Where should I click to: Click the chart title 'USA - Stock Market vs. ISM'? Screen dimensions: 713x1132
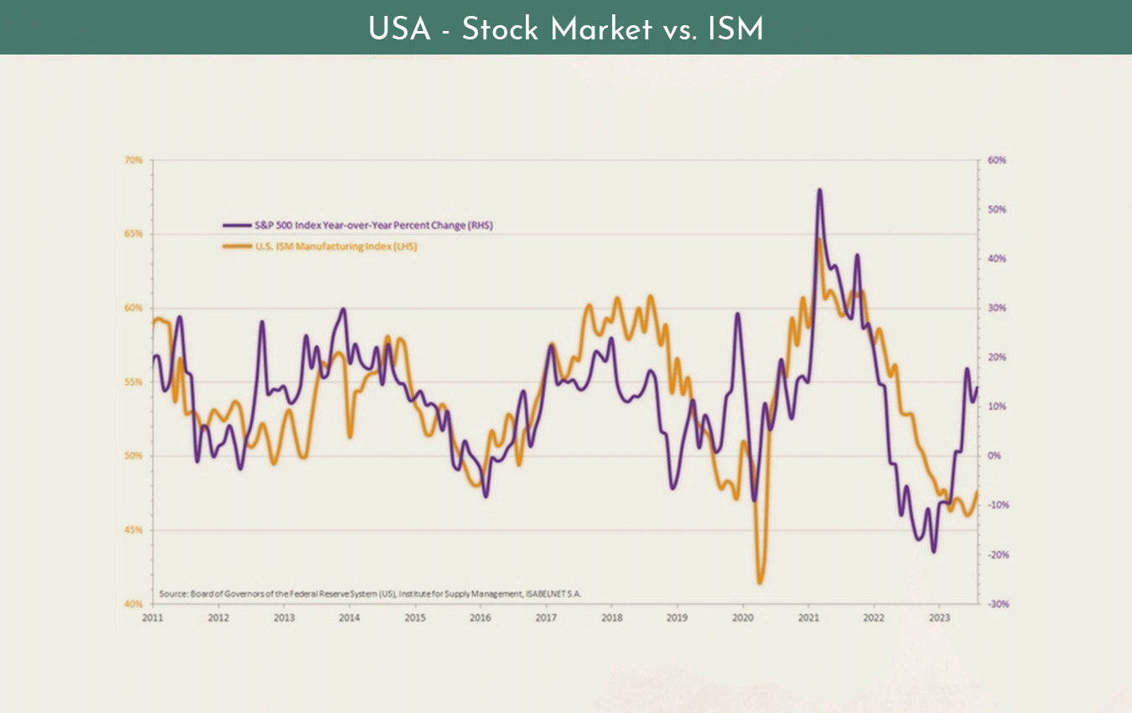tap(566, 29)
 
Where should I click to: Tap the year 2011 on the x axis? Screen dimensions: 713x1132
tap(152, 619)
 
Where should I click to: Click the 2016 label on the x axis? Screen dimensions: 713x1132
tap(480, 619)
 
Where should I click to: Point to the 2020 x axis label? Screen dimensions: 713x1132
tap(743, 619)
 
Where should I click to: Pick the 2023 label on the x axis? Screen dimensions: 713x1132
tap(940, 619)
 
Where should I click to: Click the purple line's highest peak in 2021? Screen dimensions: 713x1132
tap(819, 190)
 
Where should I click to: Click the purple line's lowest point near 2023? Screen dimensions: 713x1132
tap(933, 551)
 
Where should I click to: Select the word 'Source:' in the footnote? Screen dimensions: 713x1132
tap(172, 593)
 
